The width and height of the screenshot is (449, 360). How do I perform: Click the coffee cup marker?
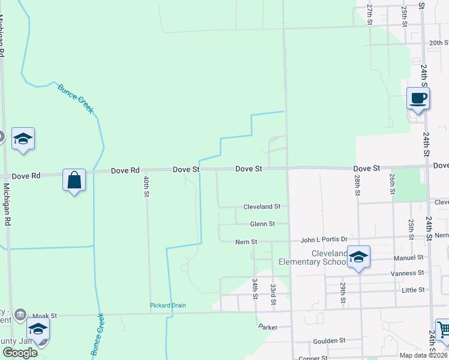coord(418,98)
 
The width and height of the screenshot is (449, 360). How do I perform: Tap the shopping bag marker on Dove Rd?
coord(74,180)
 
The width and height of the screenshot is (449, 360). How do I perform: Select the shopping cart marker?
coord(443,329)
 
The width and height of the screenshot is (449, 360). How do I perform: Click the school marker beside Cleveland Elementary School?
coord(358,257)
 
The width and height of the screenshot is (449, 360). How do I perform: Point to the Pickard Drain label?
coord(167,305)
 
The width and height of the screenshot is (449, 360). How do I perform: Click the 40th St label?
coord(146,186)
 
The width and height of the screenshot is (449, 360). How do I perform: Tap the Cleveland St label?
coord(262,206)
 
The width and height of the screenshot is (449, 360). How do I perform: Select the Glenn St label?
coord(262,224)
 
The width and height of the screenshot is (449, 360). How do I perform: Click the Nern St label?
coord(246,242)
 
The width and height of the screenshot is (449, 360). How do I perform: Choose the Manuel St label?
coord(408,257)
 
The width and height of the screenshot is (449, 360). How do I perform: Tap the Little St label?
coord(413,290)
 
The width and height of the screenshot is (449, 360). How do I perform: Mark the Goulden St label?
coord(330,340)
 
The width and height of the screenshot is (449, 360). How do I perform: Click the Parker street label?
coord(268,327)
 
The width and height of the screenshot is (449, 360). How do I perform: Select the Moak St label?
coord(44,315)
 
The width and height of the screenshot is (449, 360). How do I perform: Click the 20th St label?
coord(439,43)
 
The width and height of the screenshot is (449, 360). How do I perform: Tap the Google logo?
coord(20,353)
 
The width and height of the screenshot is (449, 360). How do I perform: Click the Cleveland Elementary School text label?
coord(312,257)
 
